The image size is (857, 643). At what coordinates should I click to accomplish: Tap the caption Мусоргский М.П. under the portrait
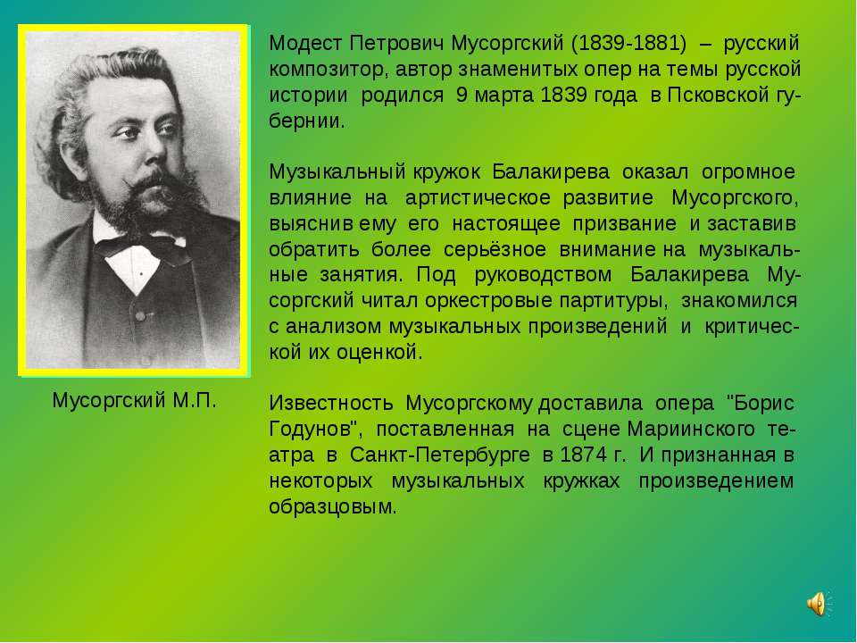coord(134,399)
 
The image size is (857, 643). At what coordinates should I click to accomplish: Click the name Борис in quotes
coord(761,403)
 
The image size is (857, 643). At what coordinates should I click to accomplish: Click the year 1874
coord(580,455)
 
